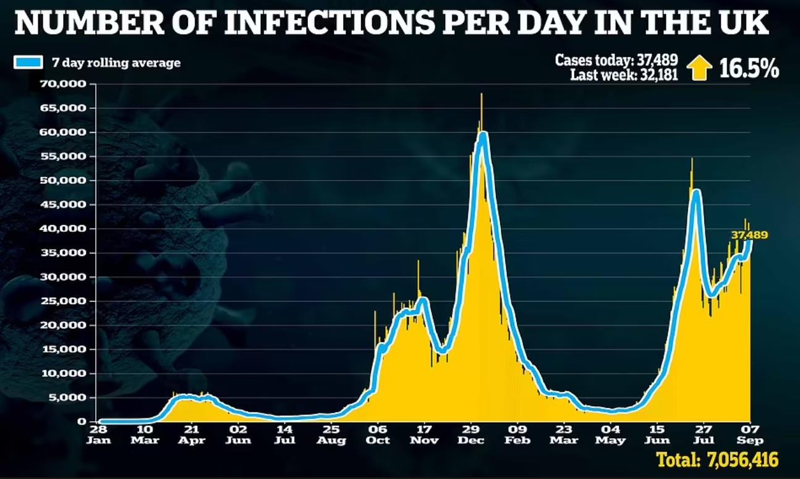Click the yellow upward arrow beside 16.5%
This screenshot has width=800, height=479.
tap(700, 68)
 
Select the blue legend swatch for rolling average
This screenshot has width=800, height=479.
tap(27, 62)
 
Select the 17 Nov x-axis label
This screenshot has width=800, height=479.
tap(423, 434)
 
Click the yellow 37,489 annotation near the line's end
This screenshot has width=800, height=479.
tap(749, 235)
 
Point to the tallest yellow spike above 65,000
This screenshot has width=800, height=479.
tap(481, 99)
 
